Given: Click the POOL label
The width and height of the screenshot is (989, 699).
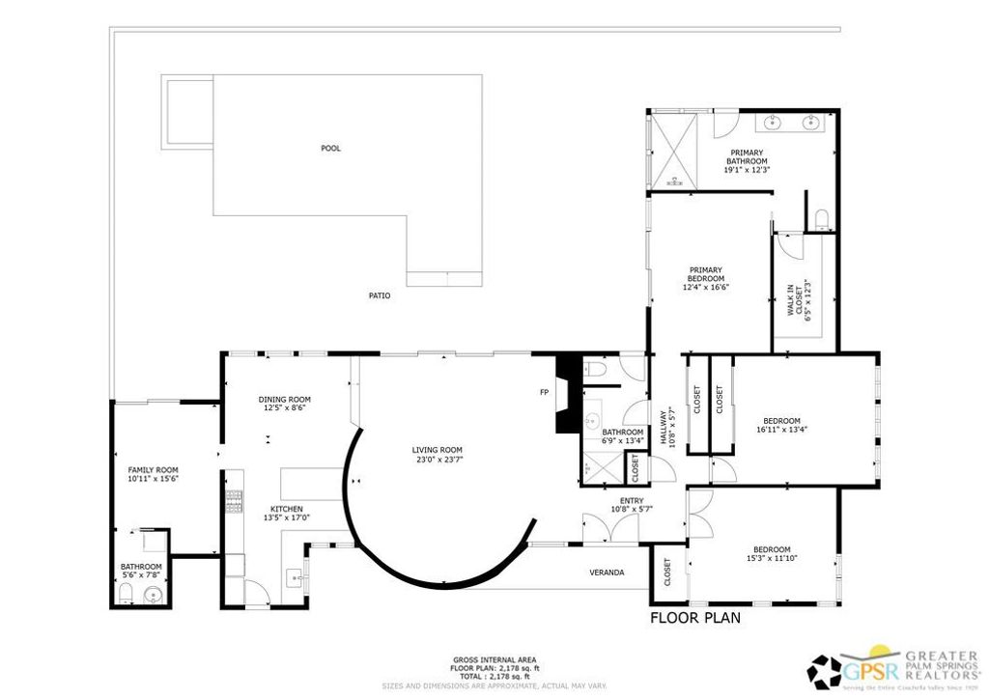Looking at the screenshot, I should click(x=331, y=149).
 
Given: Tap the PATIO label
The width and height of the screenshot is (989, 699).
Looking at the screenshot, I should click(x=380, y=295).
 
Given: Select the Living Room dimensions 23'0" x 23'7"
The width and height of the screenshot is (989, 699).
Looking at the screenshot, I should click(x=438, y=460).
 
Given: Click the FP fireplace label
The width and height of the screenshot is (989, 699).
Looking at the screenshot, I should click(x=545, y=392).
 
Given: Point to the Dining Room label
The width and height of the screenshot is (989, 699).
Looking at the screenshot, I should click(x=284, y=400).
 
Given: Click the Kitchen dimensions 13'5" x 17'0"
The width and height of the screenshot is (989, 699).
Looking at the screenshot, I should click(x=287, y=518).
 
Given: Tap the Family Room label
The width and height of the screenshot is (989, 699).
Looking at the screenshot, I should click(x=154, y=469).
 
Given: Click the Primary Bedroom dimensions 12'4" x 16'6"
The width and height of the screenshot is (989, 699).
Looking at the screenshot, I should click(x=706, y=287).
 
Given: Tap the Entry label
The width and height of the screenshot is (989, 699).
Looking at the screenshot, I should click(x=632, y=500).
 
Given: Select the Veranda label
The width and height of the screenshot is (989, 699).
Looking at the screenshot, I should click(x=607, y=573).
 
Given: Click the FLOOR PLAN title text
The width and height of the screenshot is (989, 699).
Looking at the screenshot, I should click(x=695, y=618).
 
